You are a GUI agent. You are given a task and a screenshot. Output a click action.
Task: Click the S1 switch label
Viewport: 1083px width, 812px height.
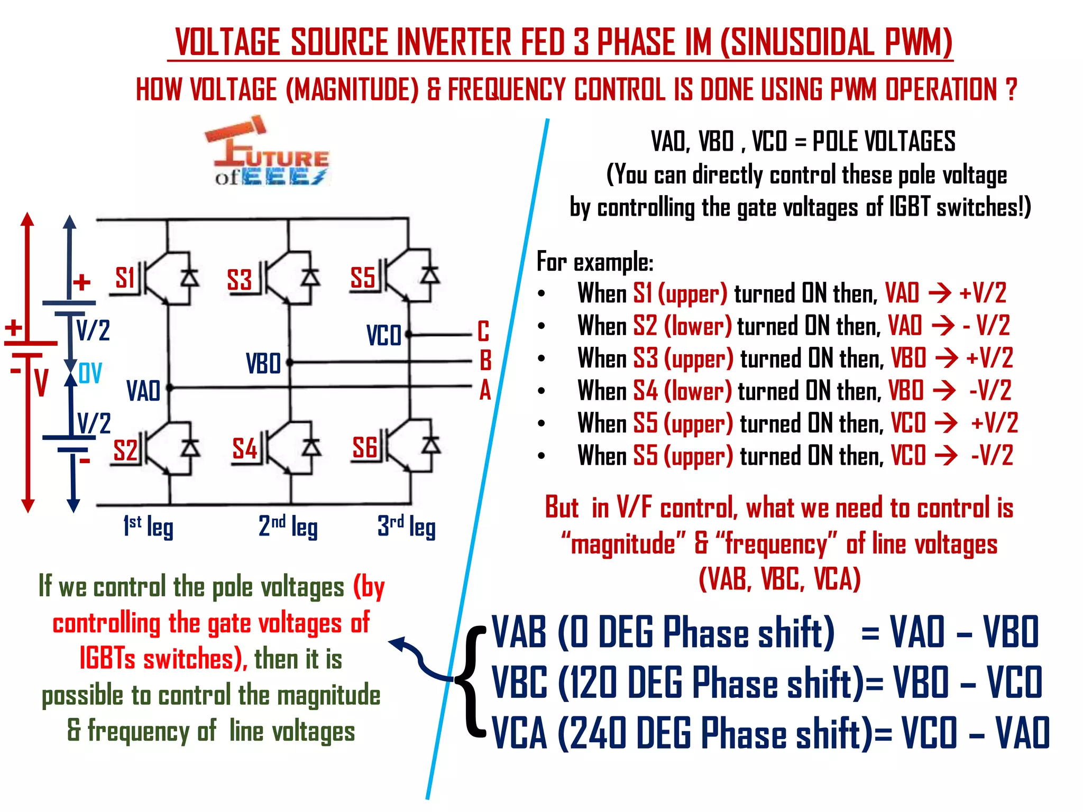click(x=125, y=278)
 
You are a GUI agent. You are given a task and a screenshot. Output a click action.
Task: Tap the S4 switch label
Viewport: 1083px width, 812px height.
click(x=244, y=449)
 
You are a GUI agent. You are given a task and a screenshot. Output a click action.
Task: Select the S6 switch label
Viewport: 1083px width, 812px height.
click(x=364, y=448)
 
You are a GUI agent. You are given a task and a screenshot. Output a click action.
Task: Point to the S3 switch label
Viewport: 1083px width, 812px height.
click(x=239, y=280)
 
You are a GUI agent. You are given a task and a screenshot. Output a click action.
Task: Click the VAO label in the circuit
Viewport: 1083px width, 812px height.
click(x=143, y=391)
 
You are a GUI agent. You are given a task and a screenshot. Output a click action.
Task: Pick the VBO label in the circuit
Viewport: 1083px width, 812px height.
click(x=263, y=364)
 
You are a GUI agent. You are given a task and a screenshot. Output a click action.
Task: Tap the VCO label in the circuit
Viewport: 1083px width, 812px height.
click(x=383, y=335)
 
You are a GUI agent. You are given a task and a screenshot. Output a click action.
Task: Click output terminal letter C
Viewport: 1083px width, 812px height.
click(x=483, y=331)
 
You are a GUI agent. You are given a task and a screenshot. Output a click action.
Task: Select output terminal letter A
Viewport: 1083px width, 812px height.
click(x=485, y=391)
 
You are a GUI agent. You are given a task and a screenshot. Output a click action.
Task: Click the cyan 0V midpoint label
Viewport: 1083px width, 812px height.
click(x=90, y=373)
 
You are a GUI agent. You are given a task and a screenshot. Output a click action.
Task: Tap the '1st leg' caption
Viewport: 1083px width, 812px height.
click(x=148, y=527)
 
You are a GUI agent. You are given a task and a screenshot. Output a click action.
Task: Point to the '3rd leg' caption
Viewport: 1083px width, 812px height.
click(x=406, y=527)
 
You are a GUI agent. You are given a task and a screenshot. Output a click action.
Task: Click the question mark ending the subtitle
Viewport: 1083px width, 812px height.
click(x=1011, y=90)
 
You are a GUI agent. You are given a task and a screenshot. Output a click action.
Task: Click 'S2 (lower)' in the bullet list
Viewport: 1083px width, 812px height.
click(x=682, y=326)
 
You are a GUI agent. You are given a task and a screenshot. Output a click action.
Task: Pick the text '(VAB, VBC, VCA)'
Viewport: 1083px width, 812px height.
click(x=779, y=578)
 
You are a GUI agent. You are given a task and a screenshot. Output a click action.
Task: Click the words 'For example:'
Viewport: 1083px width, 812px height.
click(x=595, y=262)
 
